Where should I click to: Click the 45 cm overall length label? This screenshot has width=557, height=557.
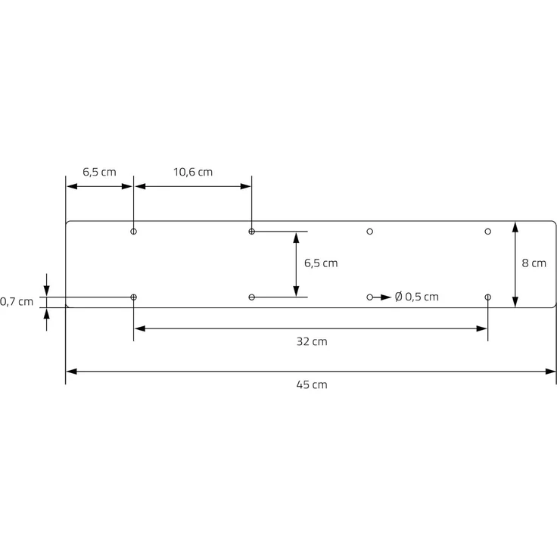click(x=311, y=384)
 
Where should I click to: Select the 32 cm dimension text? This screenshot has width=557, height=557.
click(x=311, y=341)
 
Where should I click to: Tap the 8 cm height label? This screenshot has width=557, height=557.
click(x=534, y=263)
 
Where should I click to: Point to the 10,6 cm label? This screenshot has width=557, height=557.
click(x=193, y=172)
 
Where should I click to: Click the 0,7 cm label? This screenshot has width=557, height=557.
click(x=17, y=301)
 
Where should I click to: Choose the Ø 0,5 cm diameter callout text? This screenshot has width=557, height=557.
click(x=416, y=297)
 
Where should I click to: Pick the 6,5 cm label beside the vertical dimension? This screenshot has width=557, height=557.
click(x=321, y=263)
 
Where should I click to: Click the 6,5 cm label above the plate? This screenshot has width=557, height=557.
click(x=99, y=172)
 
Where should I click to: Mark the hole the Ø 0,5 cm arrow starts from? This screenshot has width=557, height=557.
click(x=370, y=297)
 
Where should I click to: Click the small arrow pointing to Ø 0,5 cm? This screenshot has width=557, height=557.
click(x=384, y=297)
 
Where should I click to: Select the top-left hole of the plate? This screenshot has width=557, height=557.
click(x=134, y=232)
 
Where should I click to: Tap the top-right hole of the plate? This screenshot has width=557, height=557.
click(x=488, y=232)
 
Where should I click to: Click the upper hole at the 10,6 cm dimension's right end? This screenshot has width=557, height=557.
click(x=252, y=232)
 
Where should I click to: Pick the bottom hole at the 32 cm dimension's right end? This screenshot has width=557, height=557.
click(x=488, y=297)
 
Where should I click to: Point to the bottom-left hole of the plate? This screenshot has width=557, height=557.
click(x=134, y=297)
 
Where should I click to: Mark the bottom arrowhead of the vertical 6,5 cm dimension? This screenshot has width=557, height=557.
click(x=296, y=291)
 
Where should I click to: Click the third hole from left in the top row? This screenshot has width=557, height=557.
click(x=370, y=232)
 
